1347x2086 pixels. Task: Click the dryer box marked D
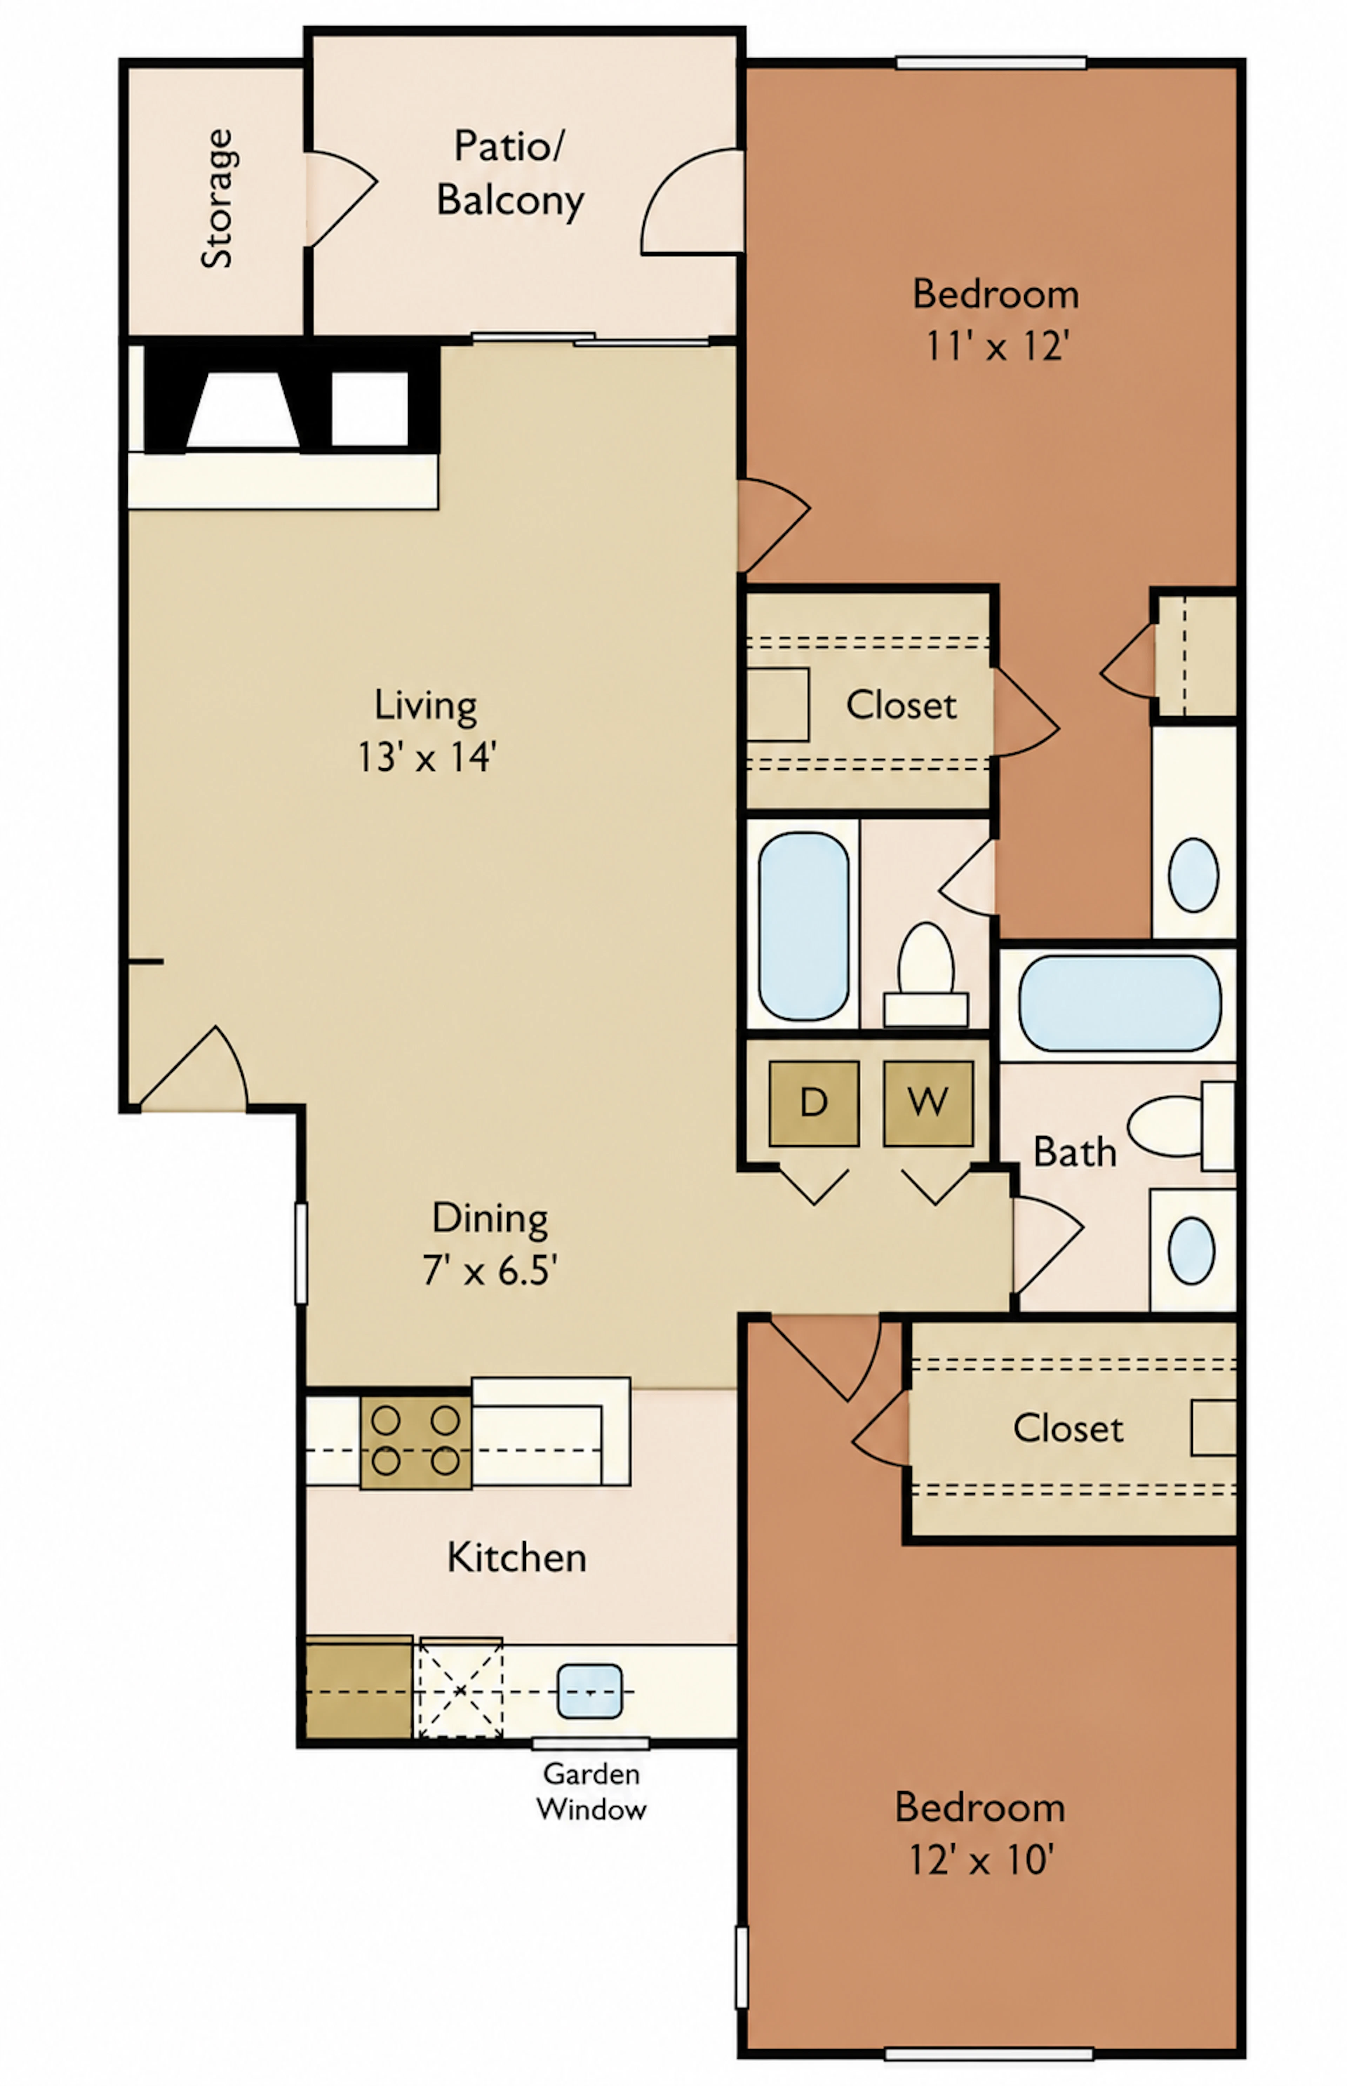(813, 1104)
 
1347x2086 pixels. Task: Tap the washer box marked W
(928, 1104)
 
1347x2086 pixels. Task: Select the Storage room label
(217, 199)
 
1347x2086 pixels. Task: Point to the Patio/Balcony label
(510, 173)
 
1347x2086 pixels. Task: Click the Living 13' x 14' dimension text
(427, 757)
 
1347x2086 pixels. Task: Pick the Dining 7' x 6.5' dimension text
(490, 1270)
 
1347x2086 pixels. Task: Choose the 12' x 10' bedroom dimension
(980, 1859)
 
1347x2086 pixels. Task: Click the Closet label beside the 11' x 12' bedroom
(901, 705)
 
